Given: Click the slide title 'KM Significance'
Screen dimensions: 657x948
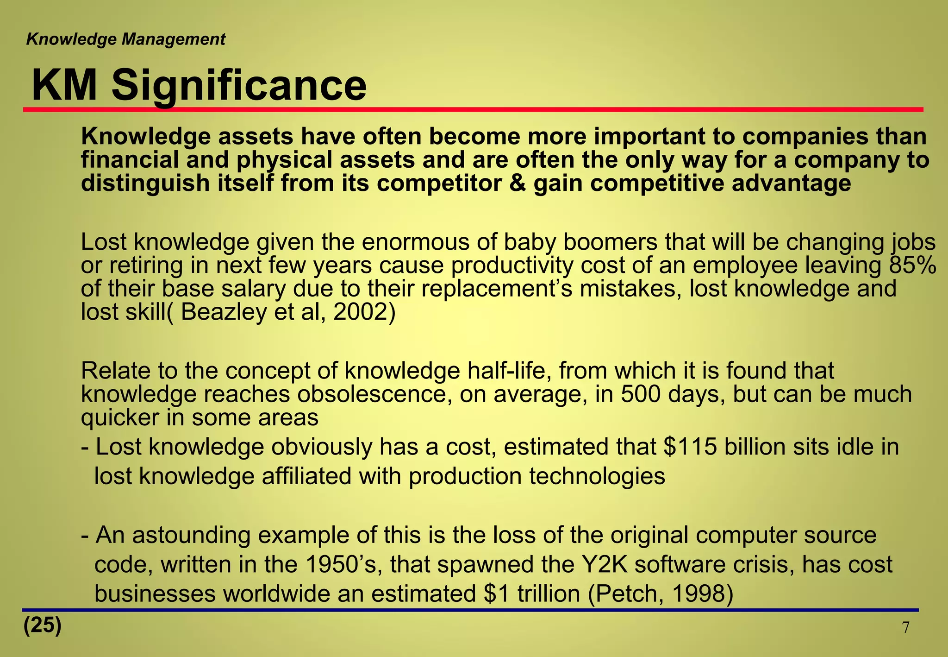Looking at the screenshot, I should click(199, 86).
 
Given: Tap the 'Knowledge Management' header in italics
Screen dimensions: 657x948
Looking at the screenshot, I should click(125, 39).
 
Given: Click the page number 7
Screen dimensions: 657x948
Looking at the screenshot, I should click(906, 628).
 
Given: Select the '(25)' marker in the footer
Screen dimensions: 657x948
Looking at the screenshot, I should click(42, 625).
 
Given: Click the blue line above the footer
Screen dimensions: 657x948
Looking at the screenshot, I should click(470, 610).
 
